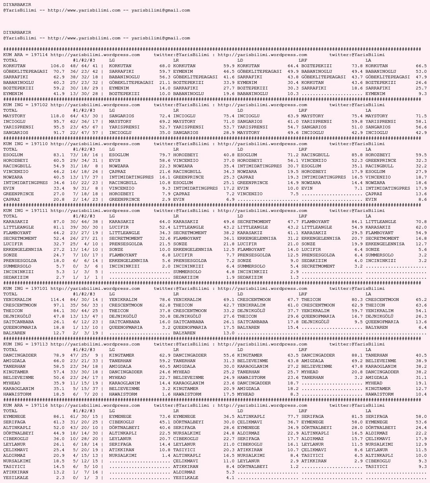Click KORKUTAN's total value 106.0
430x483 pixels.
[57, 66]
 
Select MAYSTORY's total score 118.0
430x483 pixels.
[57, 116]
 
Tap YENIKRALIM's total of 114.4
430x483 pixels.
[57, 300]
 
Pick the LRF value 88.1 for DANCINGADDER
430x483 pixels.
[357, 355]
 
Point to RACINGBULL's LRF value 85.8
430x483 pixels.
[357, 155]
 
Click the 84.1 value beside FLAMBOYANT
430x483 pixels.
[357, 222]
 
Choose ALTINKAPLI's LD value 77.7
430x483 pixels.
[293, 417]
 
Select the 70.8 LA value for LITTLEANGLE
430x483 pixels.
[421, 222]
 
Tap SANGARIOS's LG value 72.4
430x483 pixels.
[165, 116]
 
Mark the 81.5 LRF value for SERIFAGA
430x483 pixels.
[357, 417]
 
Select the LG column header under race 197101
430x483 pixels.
[112, 294]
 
